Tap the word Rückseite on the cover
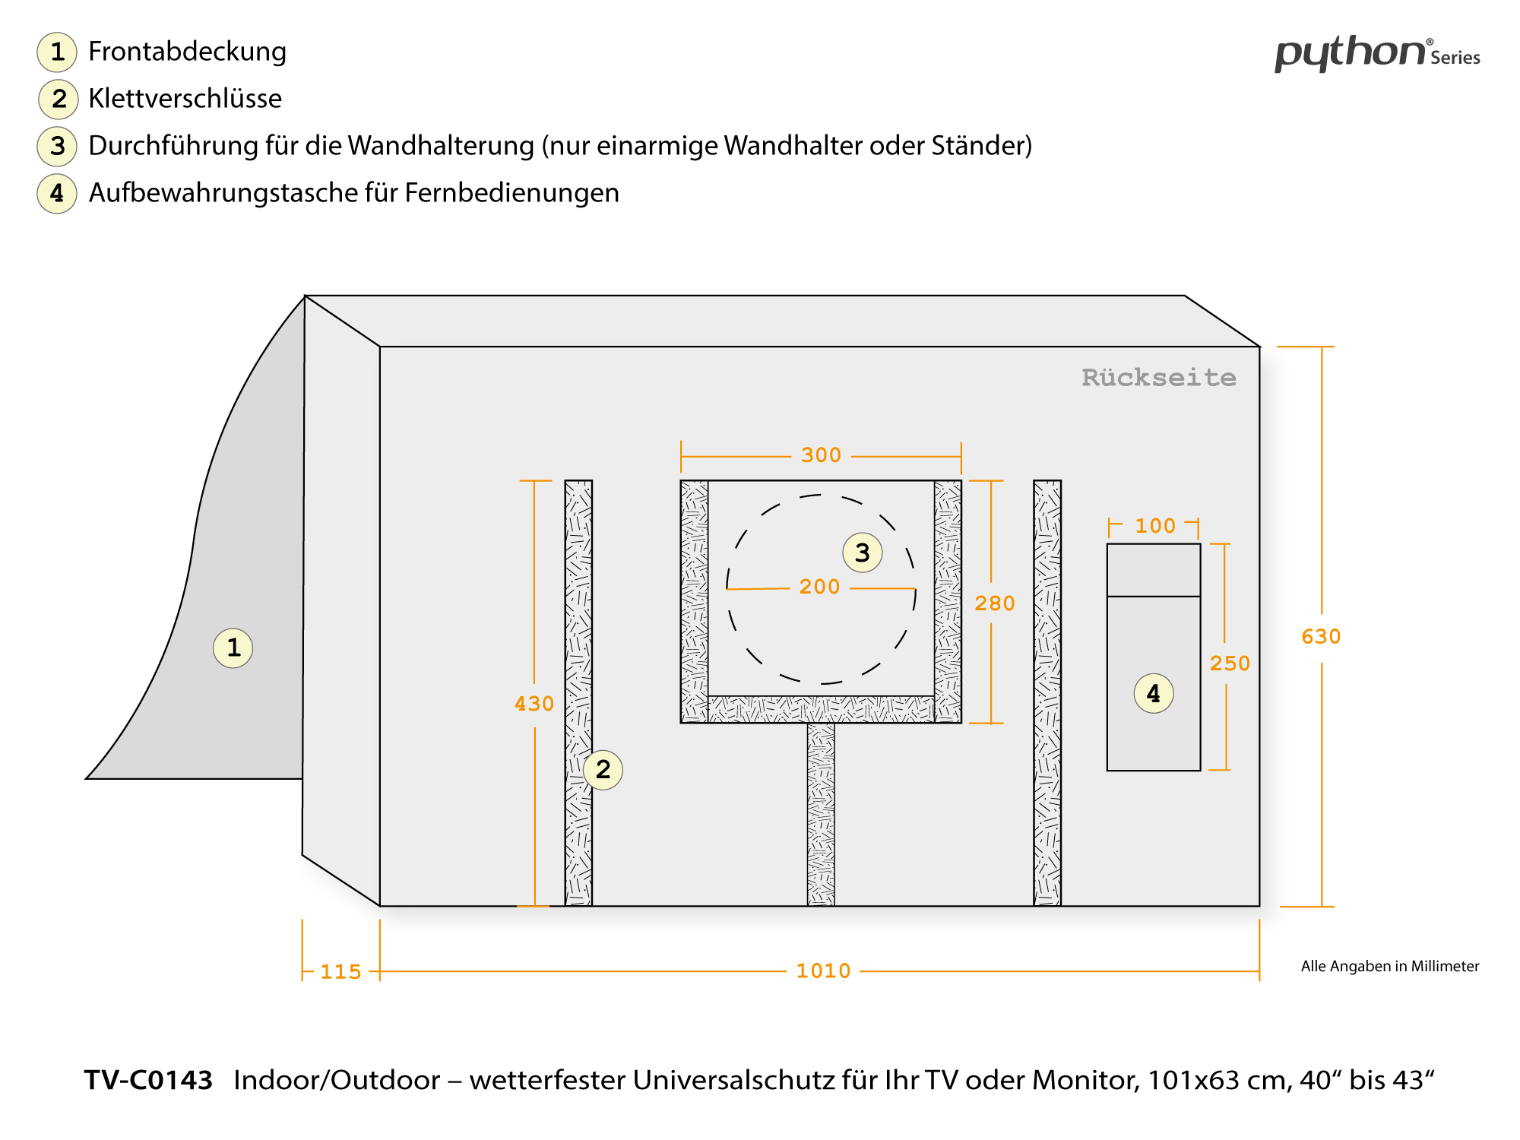(1158, 378)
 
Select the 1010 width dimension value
(823, 971)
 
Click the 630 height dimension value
(1321, 636)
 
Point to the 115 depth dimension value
(340, 971)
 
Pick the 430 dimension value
(534, 704)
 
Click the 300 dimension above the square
(821, 455)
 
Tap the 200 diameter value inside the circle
(819, 587)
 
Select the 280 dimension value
(994, 603)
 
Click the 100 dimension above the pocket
(1154, 526)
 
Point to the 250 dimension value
(1230, 663)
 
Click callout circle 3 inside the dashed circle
(862, 553)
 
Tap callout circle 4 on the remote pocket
(1153, 693)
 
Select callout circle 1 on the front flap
(233, 648)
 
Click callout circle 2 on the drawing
(603, 770)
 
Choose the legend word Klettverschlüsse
(185, 99)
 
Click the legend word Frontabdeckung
(187, 52)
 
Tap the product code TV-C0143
(148, 1080)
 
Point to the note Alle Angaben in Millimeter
(1389, 966)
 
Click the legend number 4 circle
(57, 193)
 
